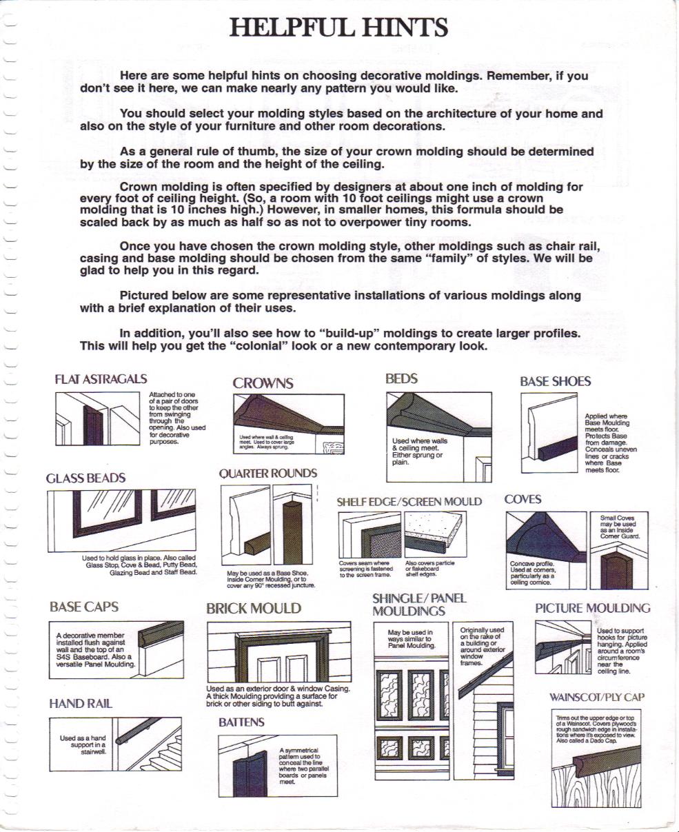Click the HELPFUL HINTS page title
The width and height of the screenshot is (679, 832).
point(338,28)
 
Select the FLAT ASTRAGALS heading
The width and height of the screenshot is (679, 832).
point(101,379)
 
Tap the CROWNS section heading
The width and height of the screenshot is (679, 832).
point(263,383)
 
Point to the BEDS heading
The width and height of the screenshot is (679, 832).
point(401,378)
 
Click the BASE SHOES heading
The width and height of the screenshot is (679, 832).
point(555,381)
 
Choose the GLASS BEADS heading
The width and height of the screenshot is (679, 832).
point(86,478)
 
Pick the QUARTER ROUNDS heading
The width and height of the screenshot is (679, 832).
point(268,474)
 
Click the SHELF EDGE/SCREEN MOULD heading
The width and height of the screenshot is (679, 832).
point(409,502)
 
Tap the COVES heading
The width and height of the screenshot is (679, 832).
point(523,499)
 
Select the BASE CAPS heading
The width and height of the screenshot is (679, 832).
point(84,607)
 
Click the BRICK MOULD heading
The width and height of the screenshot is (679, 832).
point(254,609)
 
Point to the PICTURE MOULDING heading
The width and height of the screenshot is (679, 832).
point(592,608)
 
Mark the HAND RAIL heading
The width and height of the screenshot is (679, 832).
point(81,704)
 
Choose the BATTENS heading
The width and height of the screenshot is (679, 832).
point(241,722)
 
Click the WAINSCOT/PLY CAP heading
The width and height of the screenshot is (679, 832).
point(596,697)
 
